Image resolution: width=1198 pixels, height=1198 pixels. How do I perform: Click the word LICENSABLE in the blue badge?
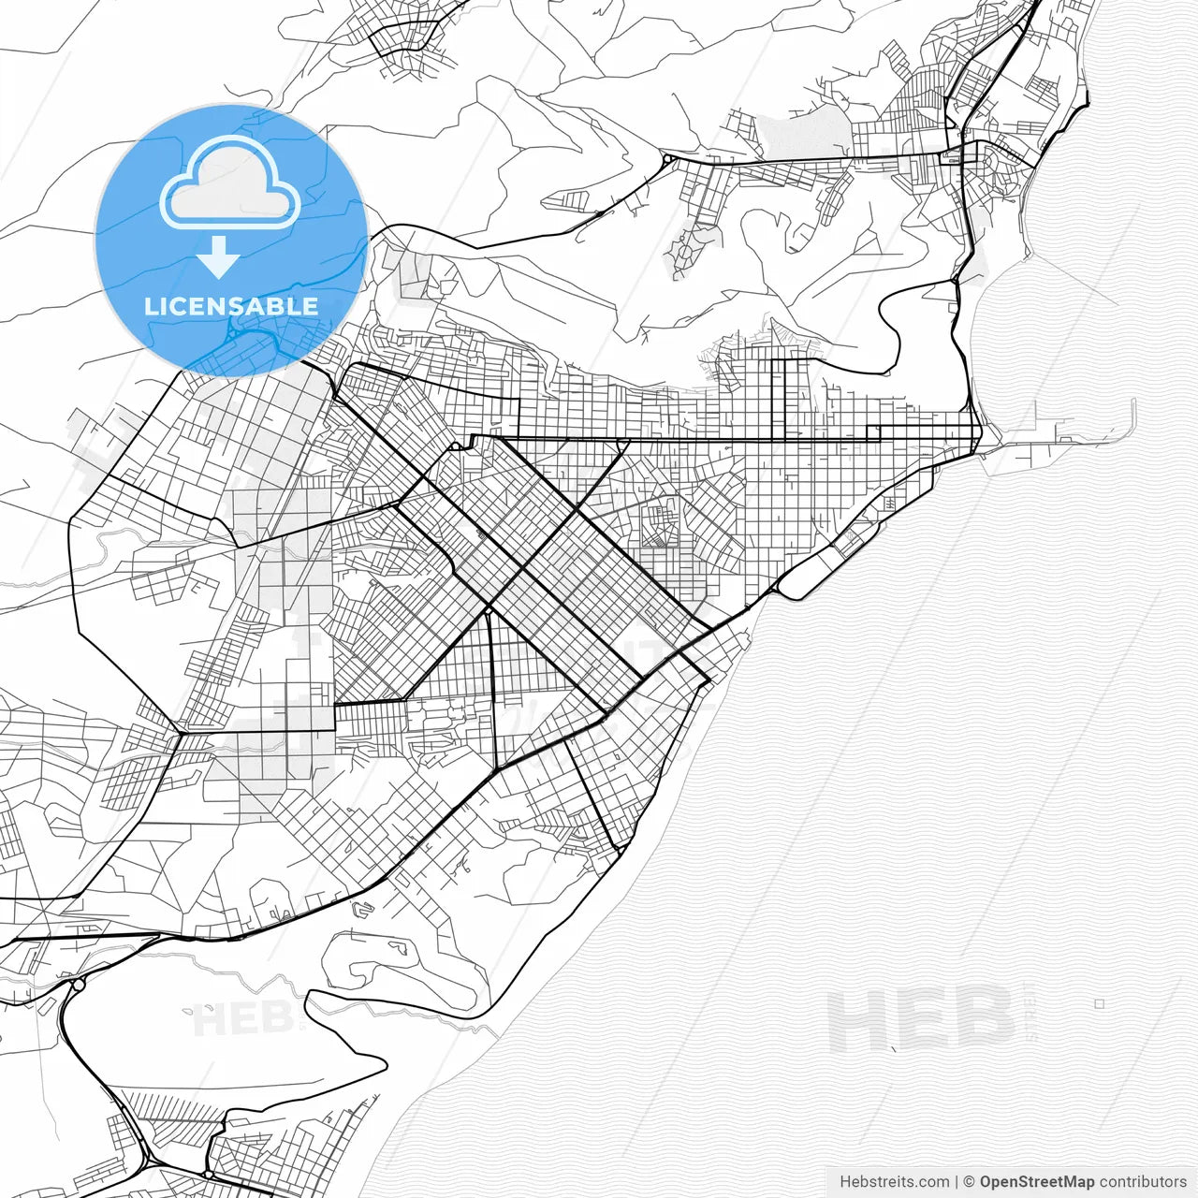click(x=230, y=306)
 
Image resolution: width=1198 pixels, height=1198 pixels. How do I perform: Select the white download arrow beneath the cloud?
click(x=219, y=257)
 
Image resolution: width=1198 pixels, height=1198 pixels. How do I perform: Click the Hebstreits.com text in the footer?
click(x=894, y=1181)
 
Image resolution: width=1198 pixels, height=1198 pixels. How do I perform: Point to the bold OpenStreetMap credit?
click(x=1037, y=1181)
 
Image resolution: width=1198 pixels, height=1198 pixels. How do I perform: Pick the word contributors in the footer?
click(x=1143, y=1181)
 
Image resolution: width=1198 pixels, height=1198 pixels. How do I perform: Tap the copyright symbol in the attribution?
click(x=970, y=1181)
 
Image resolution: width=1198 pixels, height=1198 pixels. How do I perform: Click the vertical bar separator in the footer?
click(x=957, y=1181)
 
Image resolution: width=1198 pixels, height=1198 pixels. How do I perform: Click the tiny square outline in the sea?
click(x=1100, y=1003)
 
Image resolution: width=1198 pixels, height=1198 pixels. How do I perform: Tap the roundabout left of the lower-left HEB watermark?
click(x=79, y=984)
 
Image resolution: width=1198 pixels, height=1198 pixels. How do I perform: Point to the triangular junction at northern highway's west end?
click(x=666, y=161)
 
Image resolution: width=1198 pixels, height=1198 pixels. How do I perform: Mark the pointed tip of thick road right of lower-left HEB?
click(x=385, y=1062)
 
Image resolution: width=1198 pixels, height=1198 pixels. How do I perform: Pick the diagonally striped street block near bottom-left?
click(x=159, y=1104)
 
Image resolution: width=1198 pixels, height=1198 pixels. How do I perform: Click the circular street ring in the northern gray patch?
click(x=685, y=253)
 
